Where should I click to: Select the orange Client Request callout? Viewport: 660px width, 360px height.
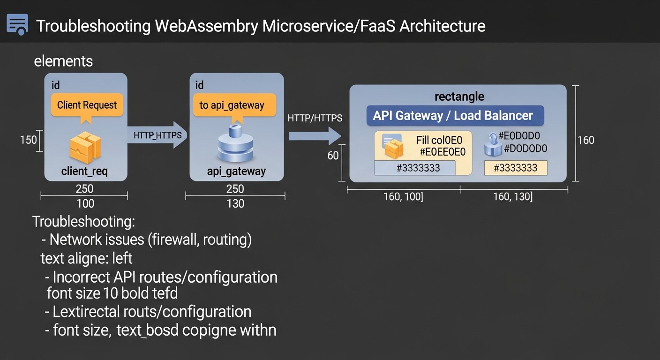click(87, 105)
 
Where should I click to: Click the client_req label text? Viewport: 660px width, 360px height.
click(84, 172)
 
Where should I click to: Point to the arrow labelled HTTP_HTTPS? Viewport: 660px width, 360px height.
click(157, 135)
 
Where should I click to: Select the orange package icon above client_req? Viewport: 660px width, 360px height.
click(85, 147)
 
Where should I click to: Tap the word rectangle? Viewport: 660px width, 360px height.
click(459, 97)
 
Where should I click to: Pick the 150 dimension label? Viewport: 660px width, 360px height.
click(28, 140)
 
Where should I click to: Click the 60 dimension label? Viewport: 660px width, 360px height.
click(333, 156)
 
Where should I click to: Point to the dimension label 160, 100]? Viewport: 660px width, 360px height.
click(403, 197)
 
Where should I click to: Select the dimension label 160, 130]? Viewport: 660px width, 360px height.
click(512, 197)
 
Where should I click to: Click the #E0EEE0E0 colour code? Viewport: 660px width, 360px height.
click(442, 152)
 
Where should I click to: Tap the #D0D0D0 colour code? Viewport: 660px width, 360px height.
click(525, 149)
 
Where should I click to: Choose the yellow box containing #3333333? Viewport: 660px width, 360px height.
click(515, 168)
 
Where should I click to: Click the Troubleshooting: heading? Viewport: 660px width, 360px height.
click(83, 222)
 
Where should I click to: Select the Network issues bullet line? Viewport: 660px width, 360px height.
click(146, 240)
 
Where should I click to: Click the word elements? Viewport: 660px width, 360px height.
click(63, 61)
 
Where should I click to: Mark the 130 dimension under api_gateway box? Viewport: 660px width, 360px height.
click(235, 204)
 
